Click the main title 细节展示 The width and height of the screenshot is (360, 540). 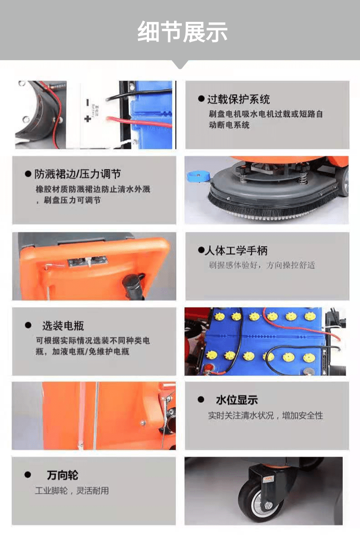(182, 31)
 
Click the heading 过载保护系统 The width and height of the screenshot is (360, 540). (238, 99)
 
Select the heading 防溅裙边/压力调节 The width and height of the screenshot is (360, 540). (78, 174)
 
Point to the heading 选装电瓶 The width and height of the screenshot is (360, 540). (63, 326)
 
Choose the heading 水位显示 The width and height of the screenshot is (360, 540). (237, 400)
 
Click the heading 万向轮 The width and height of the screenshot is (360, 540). (62, 475)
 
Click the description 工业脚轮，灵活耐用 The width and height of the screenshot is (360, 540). (72, 491)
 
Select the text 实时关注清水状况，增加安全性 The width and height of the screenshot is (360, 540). (266, 416)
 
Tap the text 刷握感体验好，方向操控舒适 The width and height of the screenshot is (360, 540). (262, 265)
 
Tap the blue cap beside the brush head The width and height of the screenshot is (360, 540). (197, 175)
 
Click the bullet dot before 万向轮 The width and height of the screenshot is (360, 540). (28, 475)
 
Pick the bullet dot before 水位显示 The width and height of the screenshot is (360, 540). (201, 400)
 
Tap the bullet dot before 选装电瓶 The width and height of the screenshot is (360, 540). (28, 326)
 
